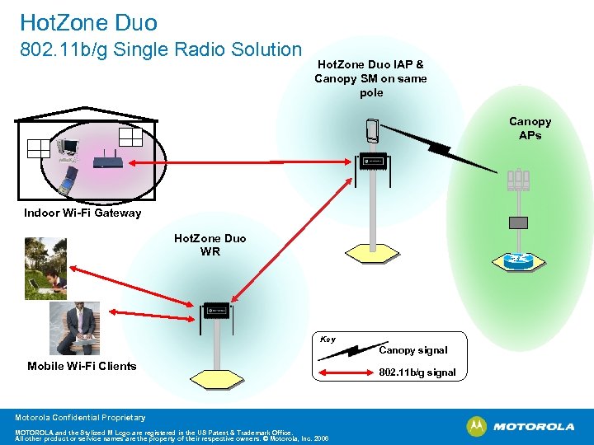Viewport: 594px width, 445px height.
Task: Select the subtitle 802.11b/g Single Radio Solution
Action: tap(160, 49)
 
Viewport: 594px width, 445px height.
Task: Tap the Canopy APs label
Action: tap(530, 128)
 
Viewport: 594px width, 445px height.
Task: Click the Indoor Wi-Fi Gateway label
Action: tap(82, 213)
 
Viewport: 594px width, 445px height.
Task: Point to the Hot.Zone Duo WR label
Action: tap(210, 245)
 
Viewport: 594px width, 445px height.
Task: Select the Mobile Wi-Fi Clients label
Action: tap(82, 366)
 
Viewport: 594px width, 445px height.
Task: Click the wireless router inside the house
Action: tap(108, 161)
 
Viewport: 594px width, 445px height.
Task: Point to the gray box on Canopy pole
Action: tap(518, 222)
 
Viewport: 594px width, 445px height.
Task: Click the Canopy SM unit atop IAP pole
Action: tap(372, 131)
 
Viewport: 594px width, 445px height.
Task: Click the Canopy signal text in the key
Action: tap(412, 350)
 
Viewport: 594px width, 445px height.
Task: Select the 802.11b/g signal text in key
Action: tap(417, 372)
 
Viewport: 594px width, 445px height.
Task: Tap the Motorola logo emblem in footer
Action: tap(477, 426)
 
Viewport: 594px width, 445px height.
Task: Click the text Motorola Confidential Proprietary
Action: tap(80, 418)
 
